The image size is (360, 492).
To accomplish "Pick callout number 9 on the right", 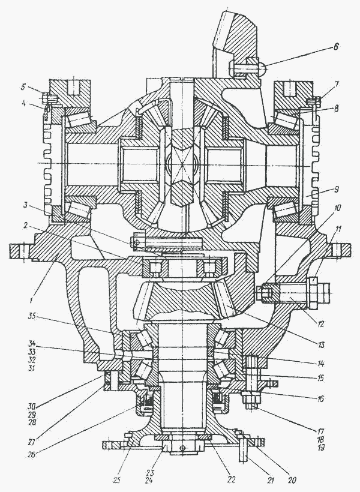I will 337,188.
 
